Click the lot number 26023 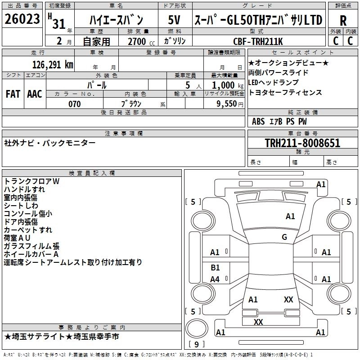(22, 20)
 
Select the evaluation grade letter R (343, 20)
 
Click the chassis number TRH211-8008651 (302, 144)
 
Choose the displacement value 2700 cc (138, 42)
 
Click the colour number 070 (75, 104)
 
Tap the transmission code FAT (13, 94)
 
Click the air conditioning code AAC (35, 94)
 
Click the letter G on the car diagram (284, 237)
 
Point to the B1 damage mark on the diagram (215, 268)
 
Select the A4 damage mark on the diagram (215, 279)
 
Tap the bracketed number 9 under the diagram (196, 345)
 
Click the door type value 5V (175, 20)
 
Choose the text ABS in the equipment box (258, 121)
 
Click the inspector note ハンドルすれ (25, 189)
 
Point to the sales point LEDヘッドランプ (273, 82)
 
